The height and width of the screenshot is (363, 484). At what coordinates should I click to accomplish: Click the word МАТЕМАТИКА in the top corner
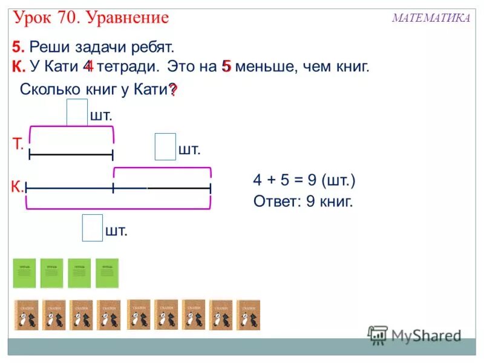[431, 18]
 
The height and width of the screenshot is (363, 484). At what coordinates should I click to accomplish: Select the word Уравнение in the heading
[127, 18]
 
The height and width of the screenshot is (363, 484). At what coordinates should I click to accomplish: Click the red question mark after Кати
[172, 90]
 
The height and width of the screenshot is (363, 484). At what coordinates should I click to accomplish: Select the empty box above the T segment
[77, 113]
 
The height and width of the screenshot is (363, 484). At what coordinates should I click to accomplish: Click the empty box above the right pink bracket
[165, 147]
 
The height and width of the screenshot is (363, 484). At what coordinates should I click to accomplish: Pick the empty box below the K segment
[92, 227]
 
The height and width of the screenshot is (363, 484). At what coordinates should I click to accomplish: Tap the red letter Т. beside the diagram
[18, 144]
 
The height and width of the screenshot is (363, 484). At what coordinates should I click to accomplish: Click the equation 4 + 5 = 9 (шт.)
[304, 180]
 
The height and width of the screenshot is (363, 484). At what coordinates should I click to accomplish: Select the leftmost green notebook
[25, 273]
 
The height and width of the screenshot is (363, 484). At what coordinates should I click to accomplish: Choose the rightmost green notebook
[107, 273]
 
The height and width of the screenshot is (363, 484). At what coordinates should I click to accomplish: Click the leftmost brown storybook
[26, 315]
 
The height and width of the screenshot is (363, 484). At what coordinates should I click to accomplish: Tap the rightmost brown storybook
[248, 315]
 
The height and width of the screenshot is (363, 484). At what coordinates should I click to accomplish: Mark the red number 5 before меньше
[227, 67]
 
